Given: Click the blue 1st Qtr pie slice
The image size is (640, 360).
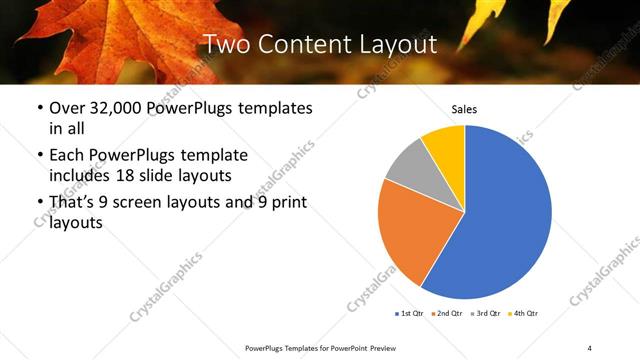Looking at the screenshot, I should [x=505, y=215].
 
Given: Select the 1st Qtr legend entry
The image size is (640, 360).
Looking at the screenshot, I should [x=408, y=314].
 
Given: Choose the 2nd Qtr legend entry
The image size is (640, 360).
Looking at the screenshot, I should [x=447, y=314].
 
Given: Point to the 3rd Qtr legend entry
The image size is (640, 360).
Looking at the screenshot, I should [x=486, y=314].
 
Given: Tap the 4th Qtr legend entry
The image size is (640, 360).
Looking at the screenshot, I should [x=525, y=314].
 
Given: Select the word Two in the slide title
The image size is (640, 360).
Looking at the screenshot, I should [x=228, y=44].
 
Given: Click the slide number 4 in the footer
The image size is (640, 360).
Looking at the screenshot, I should [x=589, y=346].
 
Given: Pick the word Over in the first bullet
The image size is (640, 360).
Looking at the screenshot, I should [x=67, y=109].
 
